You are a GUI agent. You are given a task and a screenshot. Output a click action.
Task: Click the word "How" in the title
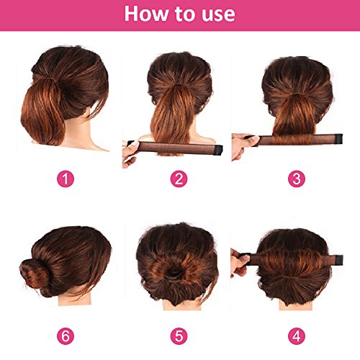coord(146,14)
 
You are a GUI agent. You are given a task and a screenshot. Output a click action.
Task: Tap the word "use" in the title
coord(218,14)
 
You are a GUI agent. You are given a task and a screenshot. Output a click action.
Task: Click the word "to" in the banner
coord(184,14)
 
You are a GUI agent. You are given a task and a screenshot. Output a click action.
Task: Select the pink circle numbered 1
coord(66,179)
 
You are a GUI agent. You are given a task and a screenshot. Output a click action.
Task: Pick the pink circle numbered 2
coord(179,179)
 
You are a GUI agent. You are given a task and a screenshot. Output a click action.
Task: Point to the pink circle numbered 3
coord(297,179)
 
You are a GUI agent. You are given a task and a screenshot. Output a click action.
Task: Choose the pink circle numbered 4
coord(297,336)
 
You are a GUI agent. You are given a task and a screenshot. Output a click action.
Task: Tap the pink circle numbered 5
coord(179,336)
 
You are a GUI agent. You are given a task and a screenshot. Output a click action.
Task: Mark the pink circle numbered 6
coord(66,336)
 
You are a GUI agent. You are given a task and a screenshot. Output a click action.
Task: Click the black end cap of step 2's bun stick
coord(218,150)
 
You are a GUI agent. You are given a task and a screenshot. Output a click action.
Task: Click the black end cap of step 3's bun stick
coord(339,139)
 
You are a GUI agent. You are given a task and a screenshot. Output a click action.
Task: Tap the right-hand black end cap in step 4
coord(339,260)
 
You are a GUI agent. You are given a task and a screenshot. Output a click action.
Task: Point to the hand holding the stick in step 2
coord(130,153)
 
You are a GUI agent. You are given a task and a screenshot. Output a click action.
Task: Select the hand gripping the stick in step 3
coord(242,146)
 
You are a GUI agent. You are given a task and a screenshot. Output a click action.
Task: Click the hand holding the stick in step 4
coord(240,264)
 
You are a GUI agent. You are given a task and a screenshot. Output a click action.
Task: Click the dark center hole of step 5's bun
coord(174,273)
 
